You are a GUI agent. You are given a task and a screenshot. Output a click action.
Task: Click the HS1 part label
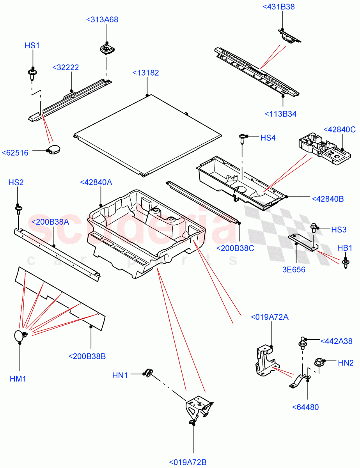[x=32, y=46]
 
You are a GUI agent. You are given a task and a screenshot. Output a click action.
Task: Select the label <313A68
[x=102, y=20]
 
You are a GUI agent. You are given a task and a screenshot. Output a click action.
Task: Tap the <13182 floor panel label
[x=145, y=73]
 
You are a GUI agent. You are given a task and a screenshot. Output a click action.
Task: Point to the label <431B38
[x=278, y=7]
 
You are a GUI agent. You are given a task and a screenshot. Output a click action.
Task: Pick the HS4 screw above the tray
[x=243, y=138]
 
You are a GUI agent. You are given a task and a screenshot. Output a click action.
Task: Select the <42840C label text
[x=339, y=130]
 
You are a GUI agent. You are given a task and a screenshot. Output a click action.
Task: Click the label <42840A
[x=96, y=182]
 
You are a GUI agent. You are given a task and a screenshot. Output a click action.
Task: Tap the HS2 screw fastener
[x=18, y=210]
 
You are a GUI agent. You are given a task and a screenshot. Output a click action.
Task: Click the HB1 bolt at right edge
[x=346, y=263]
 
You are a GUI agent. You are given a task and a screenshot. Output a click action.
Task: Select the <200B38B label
[x=87, y=356]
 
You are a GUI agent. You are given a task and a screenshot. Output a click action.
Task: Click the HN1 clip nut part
[x=148, y=372]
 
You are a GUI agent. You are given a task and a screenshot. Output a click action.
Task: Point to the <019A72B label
[x=188, y=463]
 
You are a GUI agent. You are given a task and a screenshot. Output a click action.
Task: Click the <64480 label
[x=305, y=407]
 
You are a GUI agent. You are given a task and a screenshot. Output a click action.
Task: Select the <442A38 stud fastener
[x=303, y=343]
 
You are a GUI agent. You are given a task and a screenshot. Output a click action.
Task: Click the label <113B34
[x=280, y=114]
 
